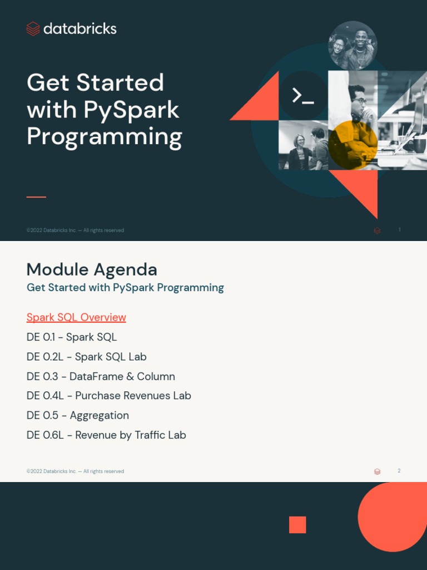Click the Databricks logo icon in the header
click(33, 29)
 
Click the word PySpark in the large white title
click(132, 110)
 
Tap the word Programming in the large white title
click(104, 136)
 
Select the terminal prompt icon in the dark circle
click(303, 96)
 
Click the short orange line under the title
click(36, 197)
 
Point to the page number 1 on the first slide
click(399, 230)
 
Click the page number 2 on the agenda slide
click(399, 471)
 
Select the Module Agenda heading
click(92, 269)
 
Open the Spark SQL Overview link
click(76, 317)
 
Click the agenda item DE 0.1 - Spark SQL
click(72, 337)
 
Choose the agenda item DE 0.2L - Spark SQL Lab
click(86, 357)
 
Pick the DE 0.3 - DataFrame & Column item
click(101, 376)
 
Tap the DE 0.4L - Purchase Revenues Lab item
click(108, 396)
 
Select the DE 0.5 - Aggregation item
click(77, 415)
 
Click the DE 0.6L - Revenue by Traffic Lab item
click(106, 435)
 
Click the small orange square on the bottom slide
click(297, 525)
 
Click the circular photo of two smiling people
click(352, 46)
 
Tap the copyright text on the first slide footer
click(75, 230)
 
